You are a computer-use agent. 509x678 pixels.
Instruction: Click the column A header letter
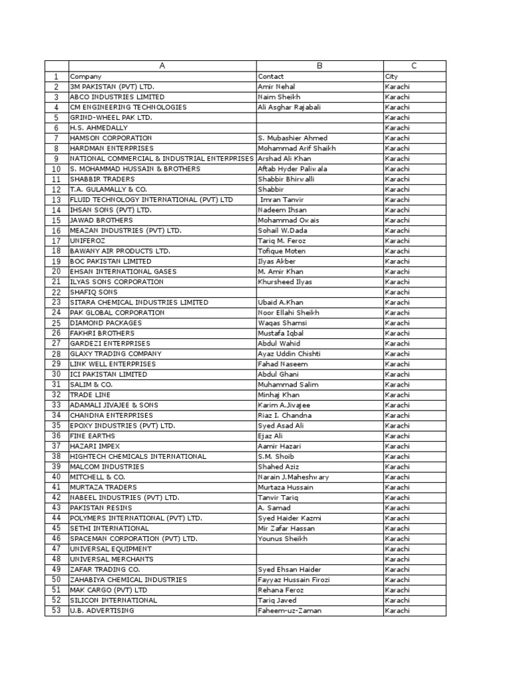[x=162, y=66]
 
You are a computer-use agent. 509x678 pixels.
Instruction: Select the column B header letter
[x=319, y=66]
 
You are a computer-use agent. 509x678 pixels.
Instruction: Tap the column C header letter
[x=414, y=66]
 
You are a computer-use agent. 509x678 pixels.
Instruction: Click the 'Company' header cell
[x=85, y=76]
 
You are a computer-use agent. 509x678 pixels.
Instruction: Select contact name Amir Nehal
[x=276, y=87]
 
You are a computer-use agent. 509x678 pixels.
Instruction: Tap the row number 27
[x=56, y=344]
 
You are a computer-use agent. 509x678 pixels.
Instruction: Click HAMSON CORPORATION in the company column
[x=106, y=138]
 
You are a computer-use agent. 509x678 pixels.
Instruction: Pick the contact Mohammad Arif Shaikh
[x=296, y=148]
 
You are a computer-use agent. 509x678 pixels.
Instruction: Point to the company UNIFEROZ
[x=87, y=240]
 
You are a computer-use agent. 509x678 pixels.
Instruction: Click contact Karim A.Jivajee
[x=284, y=405]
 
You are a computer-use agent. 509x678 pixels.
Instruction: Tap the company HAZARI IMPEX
[x=95, y=446]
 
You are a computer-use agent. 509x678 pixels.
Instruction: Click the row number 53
[x=56, y=610]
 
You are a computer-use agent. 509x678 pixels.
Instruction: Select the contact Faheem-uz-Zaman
[x=290, y=610]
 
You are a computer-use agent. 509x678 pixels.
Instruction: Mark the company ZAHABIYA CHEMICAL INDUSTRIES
[x=129, y=580]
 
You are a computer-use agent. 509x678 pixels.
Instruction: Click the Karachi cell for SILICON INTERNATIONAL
[x=398, y=601]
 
